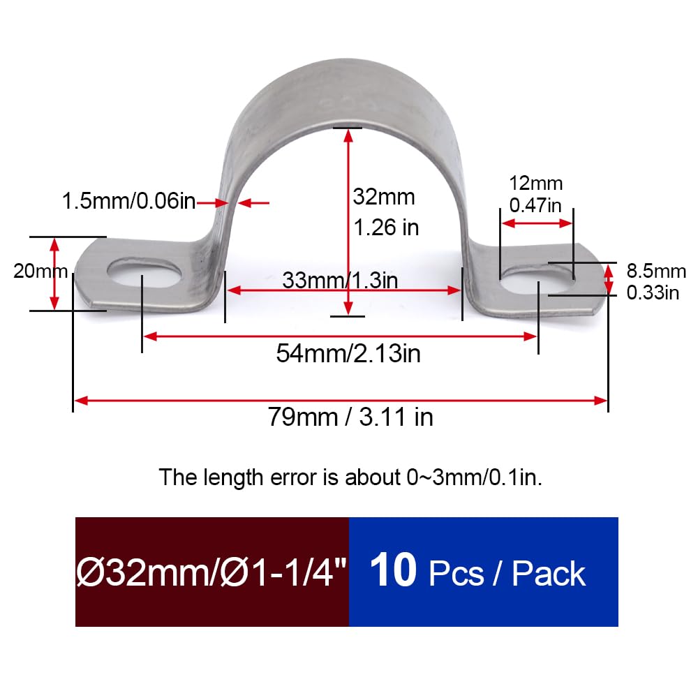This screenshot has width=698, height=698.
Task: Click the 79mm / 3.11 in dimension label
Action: (350, 417)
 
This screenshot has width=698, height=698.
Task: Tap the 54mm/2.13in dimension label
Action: (348, 353)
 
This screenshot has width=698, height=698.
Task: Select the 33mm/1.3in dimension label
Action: (340, 281)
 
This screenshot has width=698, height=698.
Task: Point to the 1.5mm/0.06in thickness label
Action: (128, 201)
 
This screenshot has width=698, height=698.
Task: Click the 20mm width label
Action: (40, 271)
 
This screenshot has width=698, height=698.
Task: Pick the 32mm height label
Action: (384, 197)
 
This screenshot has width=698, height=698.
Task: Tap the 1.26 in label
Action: (386, 228)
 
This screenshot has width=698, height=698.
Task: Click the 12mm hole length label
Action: (535, 184)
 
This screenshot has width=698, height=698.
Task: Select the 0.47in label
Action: (535, 205)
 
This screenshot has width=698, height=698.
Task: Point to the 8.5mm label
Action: (656, 271)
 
